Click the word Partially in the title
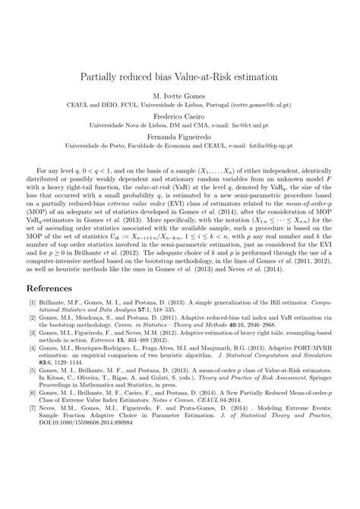click(x=104, y=77)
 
